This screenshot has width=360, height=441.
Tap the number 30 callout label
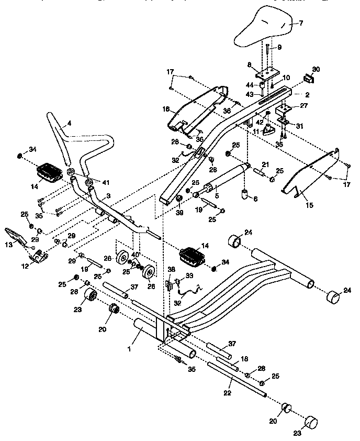coord(316,69)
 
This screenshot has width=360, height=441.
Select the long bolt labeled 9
coord(267,55)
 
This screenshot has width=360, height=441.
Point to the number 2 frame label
coord(308,95)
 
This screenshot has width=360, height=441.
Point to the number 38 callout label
coord(170,270)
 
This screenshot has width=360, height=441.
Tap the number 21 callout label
coord(265,164)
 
